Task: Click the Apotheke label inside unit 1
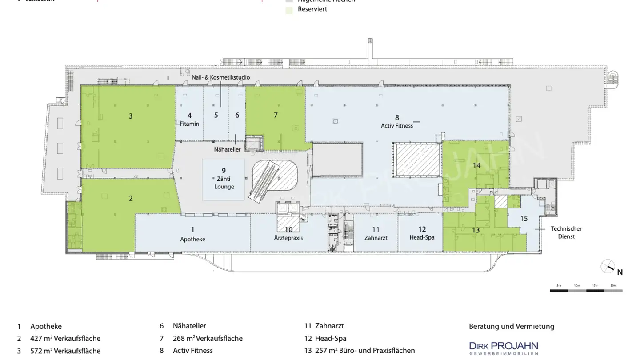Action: [192, 239]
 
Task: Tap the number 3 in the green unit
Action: [131, 116]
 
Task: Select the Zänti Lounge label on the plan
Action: [224, 183]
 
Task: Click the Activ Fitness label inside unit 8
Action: [397, 126]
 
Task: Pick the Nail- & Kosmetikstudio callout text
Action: [220, 77]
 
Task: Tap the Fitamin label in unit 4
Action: [189, 124]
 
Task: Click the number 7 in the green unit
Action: [276, 115]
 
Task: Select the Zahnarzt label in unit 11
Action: [376, 238]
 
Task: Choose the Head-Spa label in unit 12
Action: [422, 237]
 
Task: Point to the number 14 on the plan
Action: [476, 165]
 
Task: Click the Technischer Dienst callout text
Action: [566, 232]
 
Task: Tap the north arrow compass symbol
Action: [607, 267]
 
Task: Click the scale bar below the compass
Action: [586, 290]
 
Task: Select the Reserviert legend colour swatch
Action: [289, 10]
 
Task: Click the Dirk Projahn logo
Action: [504, 347]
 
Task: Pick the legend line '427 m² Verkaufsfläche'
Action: [65, 338]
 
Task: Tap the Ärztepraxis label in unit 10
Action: [288, 238]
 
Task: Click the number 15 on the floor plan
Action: [524, 218]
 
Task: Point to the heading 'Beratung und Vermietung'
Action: [512, 326]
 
